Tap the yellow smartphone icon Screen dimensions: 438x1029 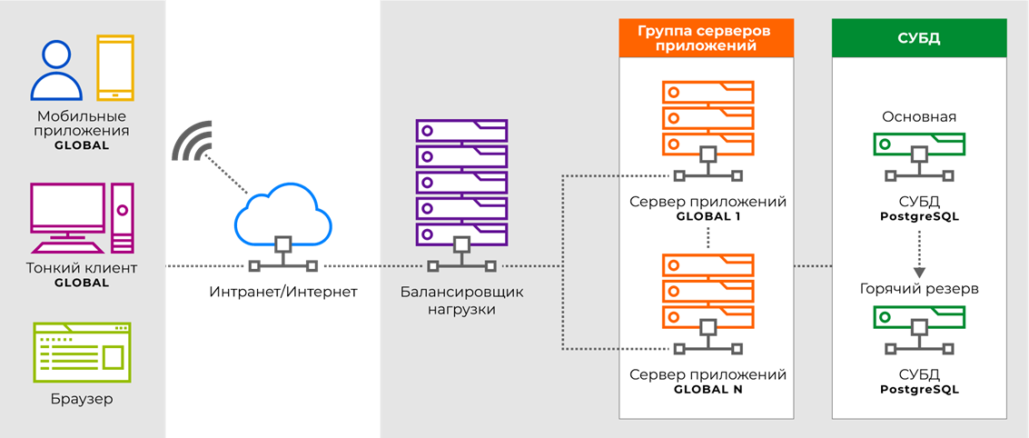115,66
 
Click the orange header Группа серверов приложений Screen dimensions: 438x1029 706,39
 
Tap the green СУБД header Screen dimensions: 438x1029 919,38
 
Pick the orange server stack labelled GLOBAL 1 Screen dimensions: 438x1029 707,127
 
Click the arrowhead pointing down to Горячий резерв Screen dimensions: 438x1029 919,272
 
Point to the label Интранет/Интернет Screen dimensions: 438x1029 283,293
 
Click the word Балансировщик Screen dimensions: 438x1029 461,293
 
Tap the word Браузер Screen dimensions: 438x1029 82,399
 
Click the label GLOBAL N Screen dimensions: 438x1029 707,389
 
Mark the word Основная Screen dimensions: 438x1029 919,117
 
